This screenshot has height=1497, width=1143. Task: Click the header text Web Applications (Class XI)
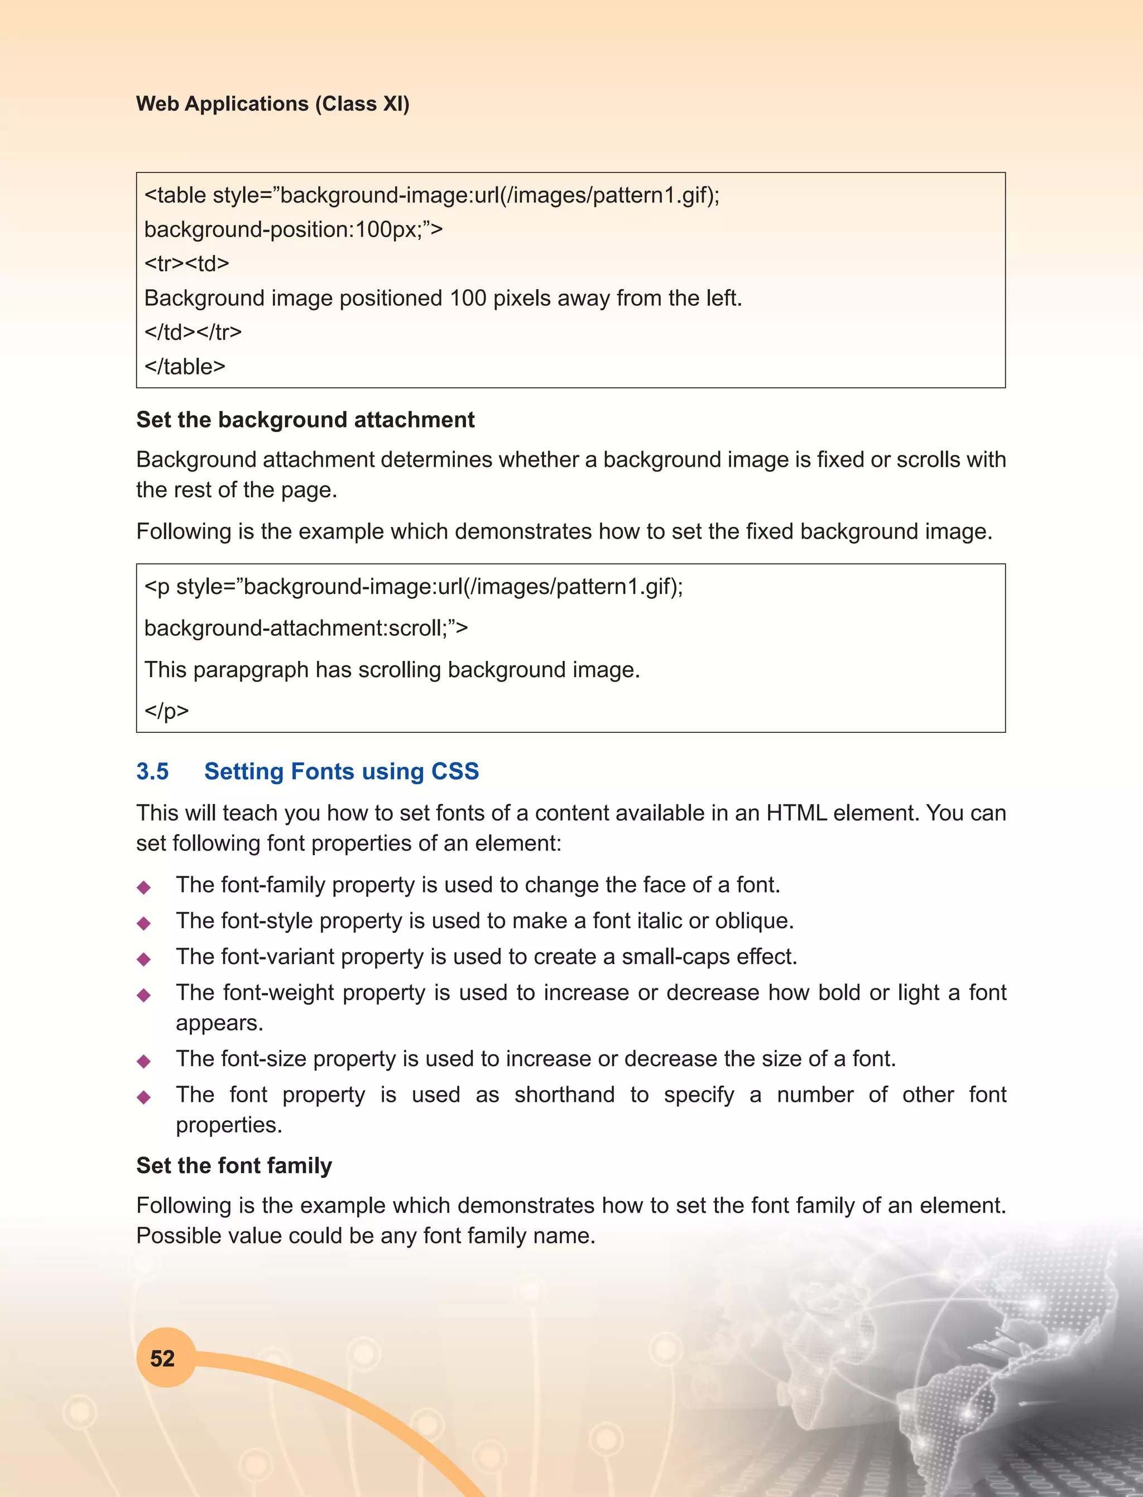(x=273, y=103)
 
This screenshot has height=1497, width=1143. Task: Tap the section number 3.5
(x=152, y=771)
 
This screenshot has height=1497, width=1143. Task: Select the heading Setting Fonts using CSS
(x=342, y=771)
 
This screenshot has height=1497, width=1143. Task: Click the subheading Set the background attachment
(x=305, y=420)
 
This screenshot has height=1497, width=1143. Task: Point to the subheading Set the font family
(x=234, y=1165)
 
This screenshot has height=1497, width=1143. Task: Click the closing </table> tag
(x=184, y=367)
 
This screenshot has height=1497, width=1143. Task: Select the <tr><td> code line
(x=186, y=263)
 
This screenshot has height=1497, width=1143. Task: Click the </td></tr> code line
(x=193, y=332)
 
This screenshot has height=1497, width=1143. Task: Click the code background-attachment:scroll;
(x=305, y=628)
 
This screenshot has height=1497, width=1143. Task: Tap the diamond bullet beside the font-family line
(x=143, y=887)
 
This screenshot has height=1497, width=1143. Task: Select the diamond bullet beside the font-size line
(x=143, y=1062)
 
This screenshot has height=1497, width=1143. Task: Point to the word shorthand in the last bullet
(x=564, y=1095)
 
